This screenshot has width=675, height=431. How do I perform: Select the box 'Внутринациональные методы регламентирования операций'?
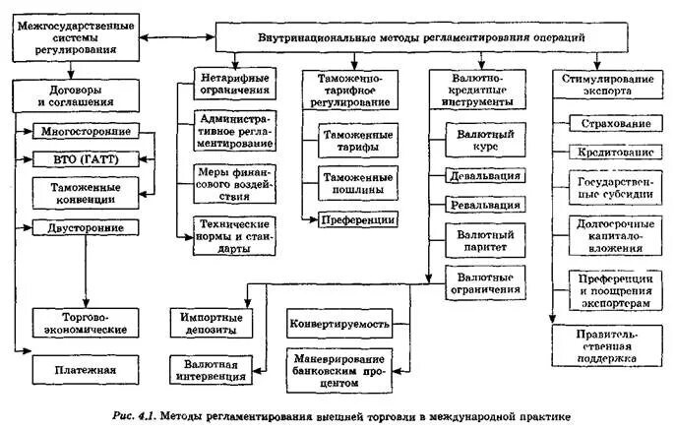[422, 36]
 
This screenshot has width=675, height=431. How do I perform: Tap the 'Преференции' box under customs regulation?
[358, 219]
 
